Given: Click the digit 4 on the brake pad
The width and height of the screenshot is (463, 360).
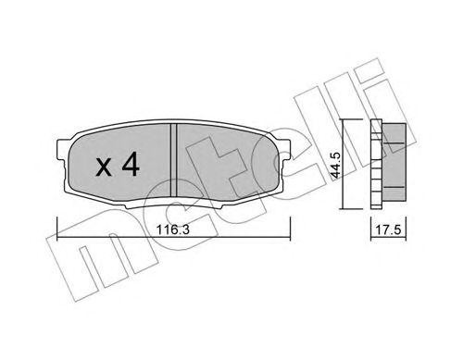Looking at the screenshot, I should point(131,166).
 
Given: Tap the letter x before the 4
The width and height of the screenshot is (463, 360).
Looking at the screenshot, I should point(106,168).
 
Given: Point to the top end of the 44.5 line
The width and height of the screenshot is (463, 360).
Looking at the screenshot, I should point(344,122).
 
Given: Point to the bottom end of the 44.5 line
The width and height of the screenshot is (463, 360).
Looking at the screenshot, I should point(344,210).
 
